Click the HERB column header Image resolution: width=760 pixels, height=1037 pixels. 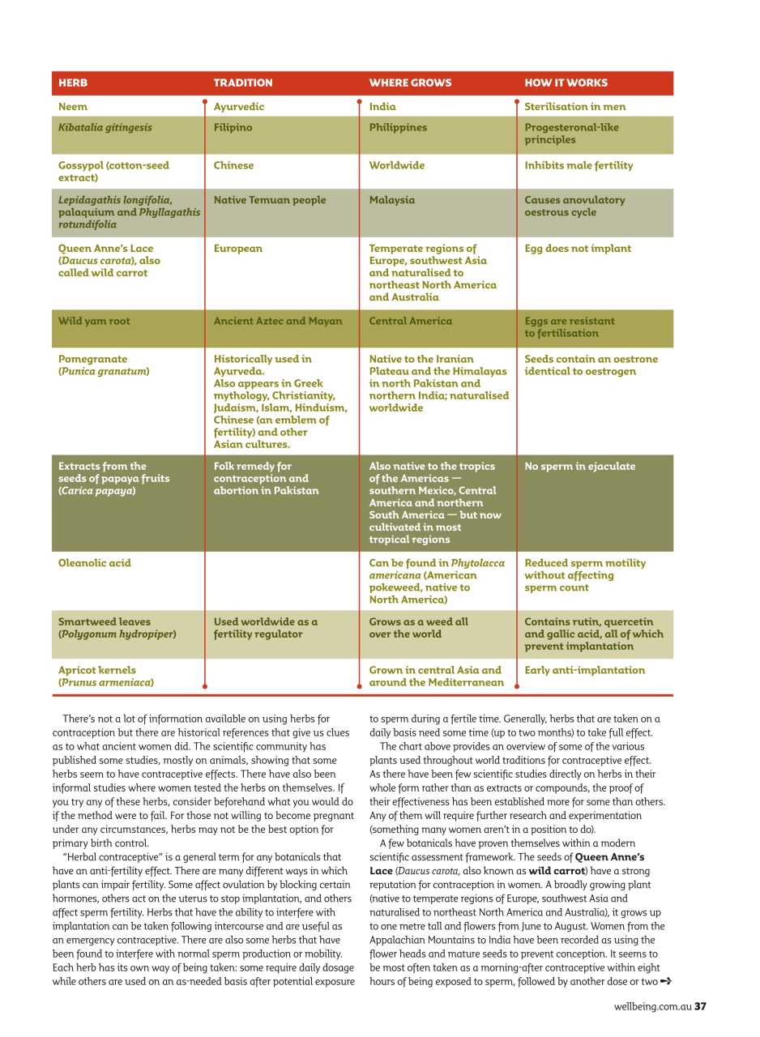pyautogui.click(x=73, y=83)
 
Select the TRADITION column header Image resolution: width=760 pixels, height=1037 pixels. pyautogui.click(x=243, y=83)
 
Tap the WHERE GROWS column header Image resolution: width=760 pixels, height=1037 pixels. pyautogui.click(x=410, y=83)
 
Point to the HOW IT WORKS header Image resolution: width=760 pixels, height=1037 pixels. pyautogui.click(x=566, y=83)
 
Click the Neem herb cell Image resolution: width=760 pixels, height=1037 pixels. pyautogui.click(x=73, y=107)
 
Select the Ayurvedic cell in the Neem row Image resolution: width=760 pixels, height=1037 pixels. pyautogui.click(x=239, y=107)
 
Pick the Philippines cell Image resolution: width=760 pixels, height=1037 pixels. pyautogui.click(x=398, y=128)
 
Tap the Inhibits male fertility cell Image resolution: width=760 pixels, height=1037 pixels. pyautogui.click(x=579, y=166)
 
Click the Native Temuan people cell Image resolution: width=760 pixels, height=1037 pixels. pyautogui.click(x=270, y=200)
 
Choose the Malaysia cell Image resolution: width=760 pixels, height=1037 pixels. pyautogui.click(x=392, y=200)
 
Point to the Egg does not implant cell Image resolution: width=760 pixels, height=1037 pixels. pyautogui.click(x=578, y=249)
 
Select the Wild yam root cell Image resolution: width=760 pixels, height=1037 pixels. pyautogui.click(x=94, y=322)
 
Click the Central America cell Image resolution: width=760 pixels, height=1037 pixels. pyautogui.click(x=411, y=322)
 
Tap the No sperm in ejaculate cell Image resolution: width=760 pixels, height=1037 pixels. pyautogui.click(x=580, y=467)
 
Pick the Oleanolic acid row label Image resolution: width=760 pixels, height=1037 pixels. pyautogui.click(x=94, y=563)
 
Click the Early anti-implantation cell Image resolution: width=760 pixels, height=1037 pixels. pyautogui.click(x=585, y=671)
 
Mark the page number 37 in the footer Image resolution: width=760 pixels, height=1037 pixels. pyautogui.click(x=701, y=1007)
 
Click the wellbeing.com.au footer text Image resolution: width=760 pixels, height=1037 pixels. pyautogui.click(x=652, y=1007)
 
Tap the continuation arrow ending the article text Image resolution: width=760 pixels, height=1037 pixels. pyautogui.click(x=666, y=982)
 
